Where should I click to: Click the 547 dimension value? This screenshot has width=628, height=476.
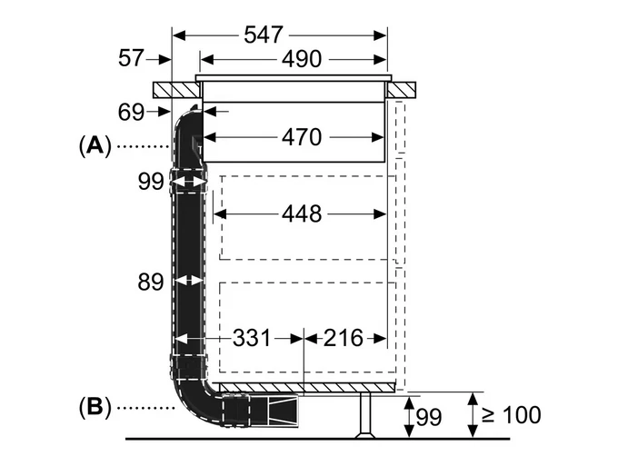(264, 35)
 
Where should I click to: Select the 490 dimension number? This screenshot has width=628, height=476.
(302, 59)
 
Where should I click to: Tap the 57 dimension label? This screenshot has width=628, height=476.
(131, 58)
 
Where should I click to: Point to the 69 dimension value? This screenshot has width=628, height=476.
(131, 112)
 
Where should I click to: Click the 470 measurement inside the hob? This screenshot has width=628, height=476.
(302, 137)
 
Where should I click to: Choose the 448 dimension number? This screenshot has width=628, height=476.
(302, 213)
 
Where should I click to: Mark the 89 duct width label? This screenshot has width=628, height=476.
(151, 282)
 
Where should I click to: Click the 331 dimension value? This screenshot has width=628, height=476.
(252, 338)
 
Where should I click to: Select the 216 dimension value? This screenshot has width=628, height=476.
(343, 338)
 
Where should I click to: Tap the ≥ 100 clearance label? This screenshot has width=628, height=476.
(511, 415)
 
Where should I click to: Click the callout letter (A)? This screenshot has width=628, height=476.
(95, 145)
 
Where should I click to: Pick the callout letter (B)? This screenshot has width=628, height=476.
(95, 408)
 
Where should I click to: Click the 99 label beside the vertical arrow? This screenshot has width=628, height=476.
(429, 417)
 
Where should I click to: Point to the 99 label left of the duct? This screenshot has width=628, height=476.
(151, 182)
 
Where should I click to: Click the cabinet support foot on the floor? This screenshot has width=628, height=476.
(364, 415)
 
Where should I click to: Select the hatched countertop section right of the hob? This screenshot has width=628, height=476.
(401, 90)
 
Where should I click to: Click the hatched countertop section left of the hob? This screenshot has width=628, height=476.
(176, 90)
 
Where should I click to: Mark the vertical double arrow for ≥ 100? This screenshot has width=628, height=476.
(473, 415)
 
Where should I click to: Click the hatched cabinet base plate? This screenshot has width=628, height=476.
(307, 388)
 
